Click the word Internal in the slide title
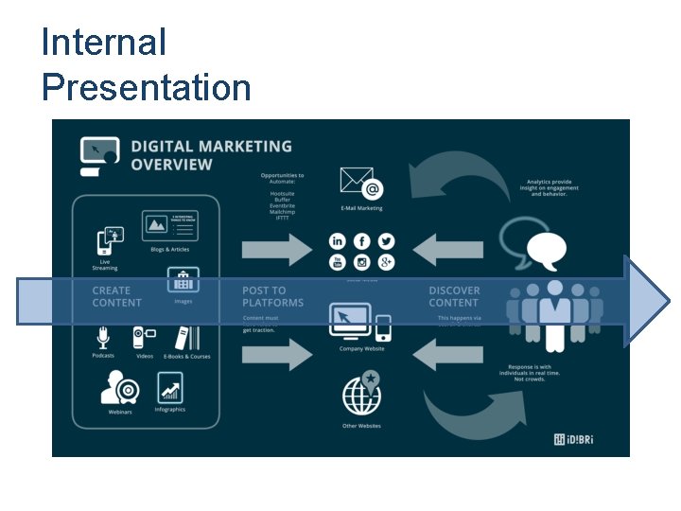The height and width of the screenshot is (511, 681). tap(104, 43)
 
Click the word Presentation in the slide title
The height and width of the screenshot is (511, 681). tap(147, 88)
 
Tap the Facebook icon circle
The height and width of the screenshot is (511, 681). tap(361, 242)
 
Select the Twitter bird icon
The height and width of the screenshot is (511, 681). tap(385, 242)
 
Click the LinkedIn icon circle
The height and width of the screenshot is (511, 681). tap(338, 242)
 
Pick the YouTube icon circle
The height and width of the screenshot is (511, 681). tap(338, 263)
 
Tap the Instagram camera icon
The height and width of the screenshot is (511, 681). tap(361, 263)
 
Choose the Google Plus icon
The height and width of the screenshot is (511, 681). tap(385, 263)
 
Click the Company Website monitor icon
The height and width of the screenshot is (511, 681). tap(351, 321)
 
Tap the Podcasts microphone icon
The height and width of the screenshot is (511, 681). tap(104, 338)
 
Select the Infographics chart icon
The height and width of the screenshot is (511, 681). tap(170, 387)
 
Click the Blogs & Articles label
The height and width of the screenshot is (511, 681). tap(170, 250)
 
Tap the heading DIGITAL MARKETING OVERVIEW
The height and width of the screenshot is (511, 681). tap(210, 155)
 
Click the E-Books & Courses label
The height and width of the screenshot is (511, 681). tap(187, 357)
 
